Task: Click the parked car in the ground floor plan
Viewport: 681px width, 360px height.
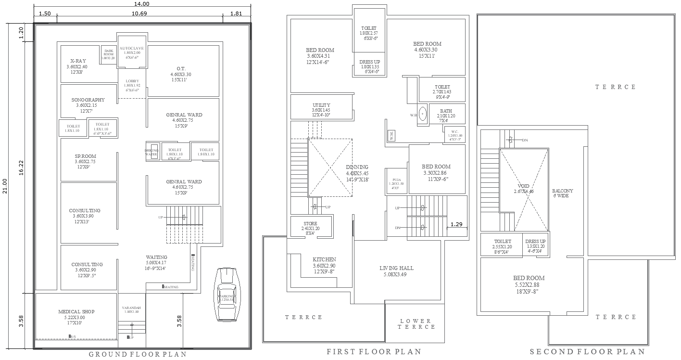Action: tap(226, 294)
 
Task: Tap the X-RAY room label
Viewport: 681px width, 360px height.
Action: tap(77, 61)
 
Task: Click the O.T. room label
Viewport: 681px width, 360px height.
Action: tap(181, 68)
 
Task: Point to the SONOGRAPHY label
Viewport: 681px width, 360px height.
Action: tap(88, 100)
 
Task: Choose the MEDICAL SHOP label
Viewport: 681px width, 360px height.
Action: tap(76, 312)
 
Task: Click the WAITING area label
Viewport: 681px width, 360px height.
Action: tap(156, 257)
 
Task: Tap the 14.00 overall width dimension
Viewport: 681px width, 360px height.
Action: tap(142, 4)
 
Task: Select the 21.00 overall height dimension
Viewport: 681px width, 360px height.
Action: tap(4, 185)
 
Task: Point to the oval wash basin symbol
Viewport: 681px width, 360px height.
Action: tap(423, 114)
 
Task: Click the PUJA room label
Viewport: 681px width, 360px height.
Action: tap(397, 179)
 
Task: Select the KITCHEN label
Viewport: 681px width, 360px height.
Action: tap(324, 259)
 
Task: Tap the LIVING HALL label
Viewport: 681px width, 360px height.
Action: tap(396, 268)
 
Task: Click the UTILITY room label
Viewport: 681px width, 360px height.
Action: tap(321, 105)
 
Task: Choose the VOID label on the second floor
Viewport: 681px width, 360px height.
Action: tap(523, 186)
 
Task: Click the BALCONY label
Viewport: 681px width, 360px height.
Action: tap(562, 191)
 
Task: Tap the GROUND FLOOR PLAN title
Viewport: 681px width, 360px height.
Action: tap(138, 354)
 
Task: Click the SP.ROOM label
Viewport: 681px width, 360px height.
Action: tap(85, 156)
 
